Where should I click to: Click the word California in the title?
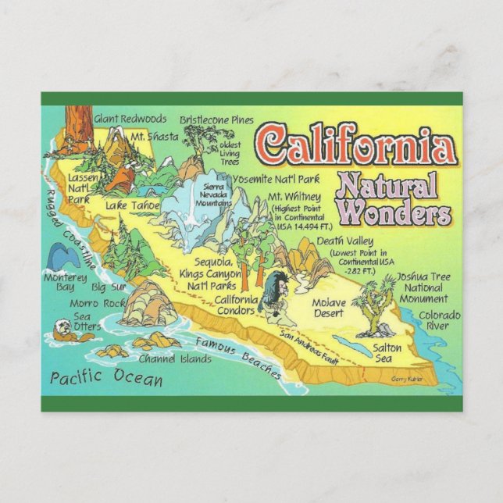358,145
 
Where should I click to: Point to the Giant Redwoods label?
130,119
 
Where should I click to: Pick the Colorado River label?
438,320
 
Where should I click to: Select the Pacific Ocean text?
106,378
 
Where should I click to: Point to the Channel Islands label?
174,359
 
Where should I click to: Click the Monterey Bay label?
59,282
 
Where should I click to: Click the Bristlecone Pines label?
216,120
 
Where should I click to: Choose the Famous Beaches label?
238,356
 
